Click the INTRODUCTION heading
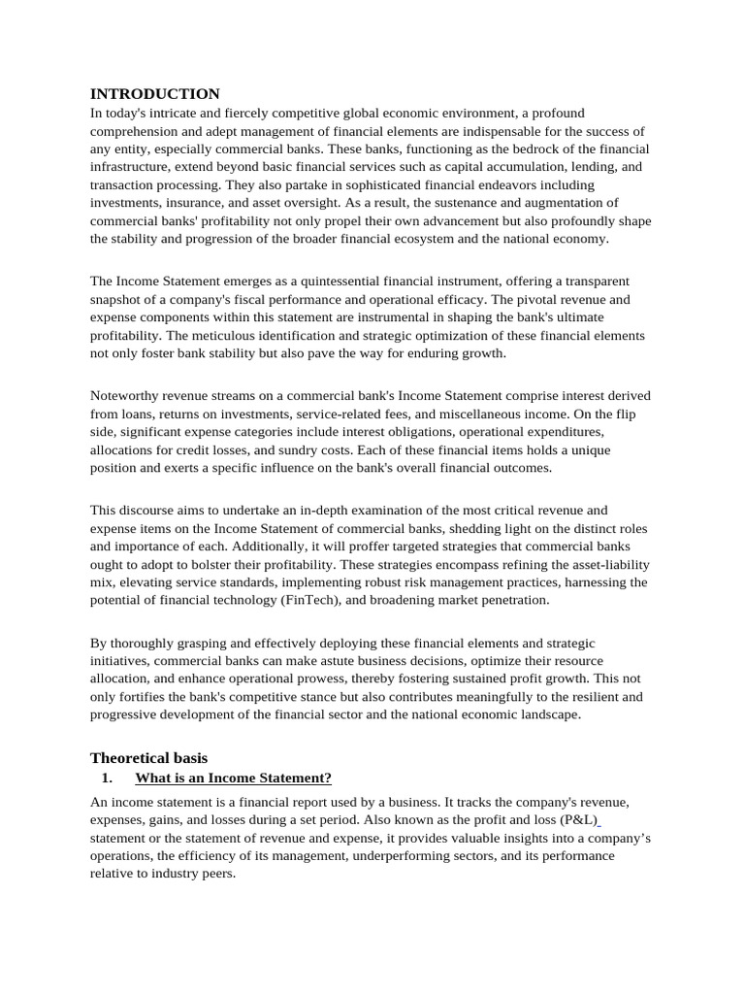tap(155, 94)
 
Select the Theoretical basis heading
tap(148, 757)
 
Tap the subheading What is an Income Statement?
tap(233, 778)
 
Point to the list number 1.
tap(107, 778)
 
